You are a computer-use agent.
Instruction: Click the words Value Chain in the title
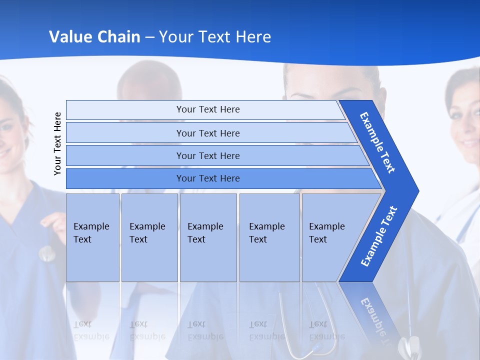pyautogui.click(x=94, y=37)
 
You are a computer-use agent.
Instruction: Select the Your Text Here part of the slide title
pyautogui.click(x=215, y=37)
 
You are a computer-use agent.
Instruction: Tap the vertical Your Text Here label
pyautogui.click(x=58, y=143)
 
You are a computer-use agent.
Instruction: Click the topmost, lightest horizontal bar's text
pyautogui.click(x=208, y=109)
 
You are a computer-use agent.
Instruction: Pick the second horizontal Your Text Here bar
pyautogui.click(x=208, y=133)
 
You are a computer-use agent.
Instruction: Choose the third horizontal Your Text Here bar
pyautogui.click(x=208, y=155)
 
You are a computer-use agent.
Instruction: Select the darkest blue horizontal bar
pyautogui.click(x=208, y=178)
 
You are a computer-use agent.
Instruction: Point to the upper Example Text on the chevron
pyautogui.click(x=378, y=142)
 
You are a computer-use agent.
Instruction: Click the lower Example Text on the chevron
pyautogui.click(x=379, y=236)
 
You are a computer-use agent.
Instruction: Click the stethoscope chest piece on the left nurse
pyautogui.click(x=47, y=254)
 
